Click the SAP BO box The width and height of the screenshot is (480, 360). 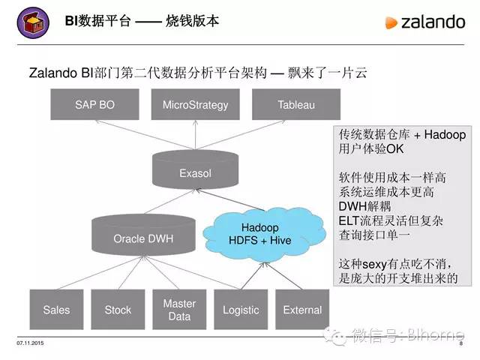[94, 105]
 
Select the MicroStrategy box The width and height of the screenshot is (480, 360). [195, 105]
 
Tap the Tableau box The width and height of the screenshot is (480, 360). [295, 105]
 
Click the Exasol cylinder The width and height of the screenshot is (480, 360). [195, 172]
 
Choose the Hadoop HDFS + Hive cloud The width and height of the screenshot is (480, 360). [260, 233]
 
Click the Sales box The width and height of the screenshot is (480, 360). [56, 310]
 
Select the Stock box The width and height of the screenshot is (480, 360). [118, 310]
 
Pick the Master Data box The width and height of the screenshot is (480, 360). [179, 310]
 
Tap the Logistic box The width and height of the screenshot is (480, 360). [241, 310]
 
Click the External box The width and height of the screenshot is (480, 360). [302, 310]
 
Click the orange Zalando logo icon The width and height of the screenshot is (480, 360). [391, 22]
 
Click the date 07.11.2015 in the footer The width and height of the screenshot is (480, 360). [28, 343]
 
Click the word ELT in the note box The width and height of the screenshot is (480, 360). [350, 220]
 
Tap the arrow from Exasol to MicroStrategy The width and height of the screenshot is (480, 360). [195, 136]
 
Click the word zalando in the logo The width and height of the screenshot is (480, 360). [433, 22]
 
